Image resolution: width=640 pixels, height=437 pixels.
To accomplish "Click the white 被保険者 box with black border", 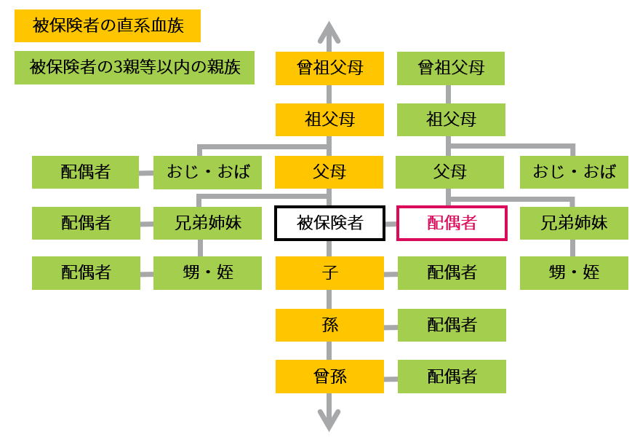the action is click(x=329, y=223).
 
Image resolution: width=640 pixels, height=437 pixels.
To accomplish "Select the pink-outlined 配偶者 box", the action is click(x=452, y=223).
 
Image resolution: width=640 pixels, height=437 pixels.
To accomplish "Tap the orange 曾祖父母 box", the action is click(x=329, y=68).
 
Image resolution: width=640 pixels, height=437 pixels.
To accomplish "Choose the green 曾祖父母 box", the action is click(x=451, y=68).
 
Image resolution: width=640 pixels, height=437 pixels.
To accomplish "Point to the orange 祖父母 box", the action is click(x=329, y=119).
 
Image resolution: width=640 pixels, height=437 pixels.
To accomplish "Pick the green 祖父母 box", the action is click(x=451, y=119).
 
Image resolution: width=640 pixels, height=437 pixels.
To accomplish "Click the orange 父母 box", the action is click(x=329, y=172).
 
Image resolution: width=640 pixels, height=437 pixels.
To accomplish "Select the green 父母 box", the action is click(x=449, y=172).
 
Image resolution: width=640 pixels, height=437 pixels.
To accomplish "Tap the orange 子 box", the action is click(x=329, y=273).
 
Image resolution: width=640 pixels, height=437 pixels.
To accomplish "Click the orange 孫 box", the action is click(x=329, y=325).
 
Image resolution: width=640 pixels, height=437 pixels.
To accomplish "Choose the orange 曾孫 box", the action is click(x=329, y=377).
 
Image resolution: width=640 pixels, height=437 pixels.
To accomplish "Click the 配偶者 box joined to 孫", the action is click(x=452, y=325).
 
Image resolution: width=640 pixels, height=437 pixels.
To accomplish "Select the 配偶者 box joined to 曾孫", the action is click(x=452, y=377).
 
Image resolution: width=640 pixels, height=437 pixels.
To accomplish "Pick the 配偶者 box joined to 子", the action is click(x=452, y=273).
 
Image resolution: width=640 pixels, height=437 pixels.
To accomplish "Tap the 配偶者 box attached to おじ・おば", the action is click(x=85, y=172).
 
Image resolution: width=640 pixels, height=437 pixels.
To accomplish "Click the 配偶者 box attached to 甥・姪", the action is click(x=86, y=273).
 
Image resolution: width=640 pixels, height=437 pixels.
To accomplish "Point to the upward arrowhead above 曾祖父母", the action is click(x=329, y=33).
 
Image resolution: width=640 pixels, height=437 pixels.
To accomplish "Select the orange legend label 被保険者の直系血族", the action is click(x=108, y=25).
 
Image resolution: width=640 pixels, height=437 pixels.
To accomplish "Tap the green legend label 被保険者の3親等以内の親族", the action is click(x=135, y=68).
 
